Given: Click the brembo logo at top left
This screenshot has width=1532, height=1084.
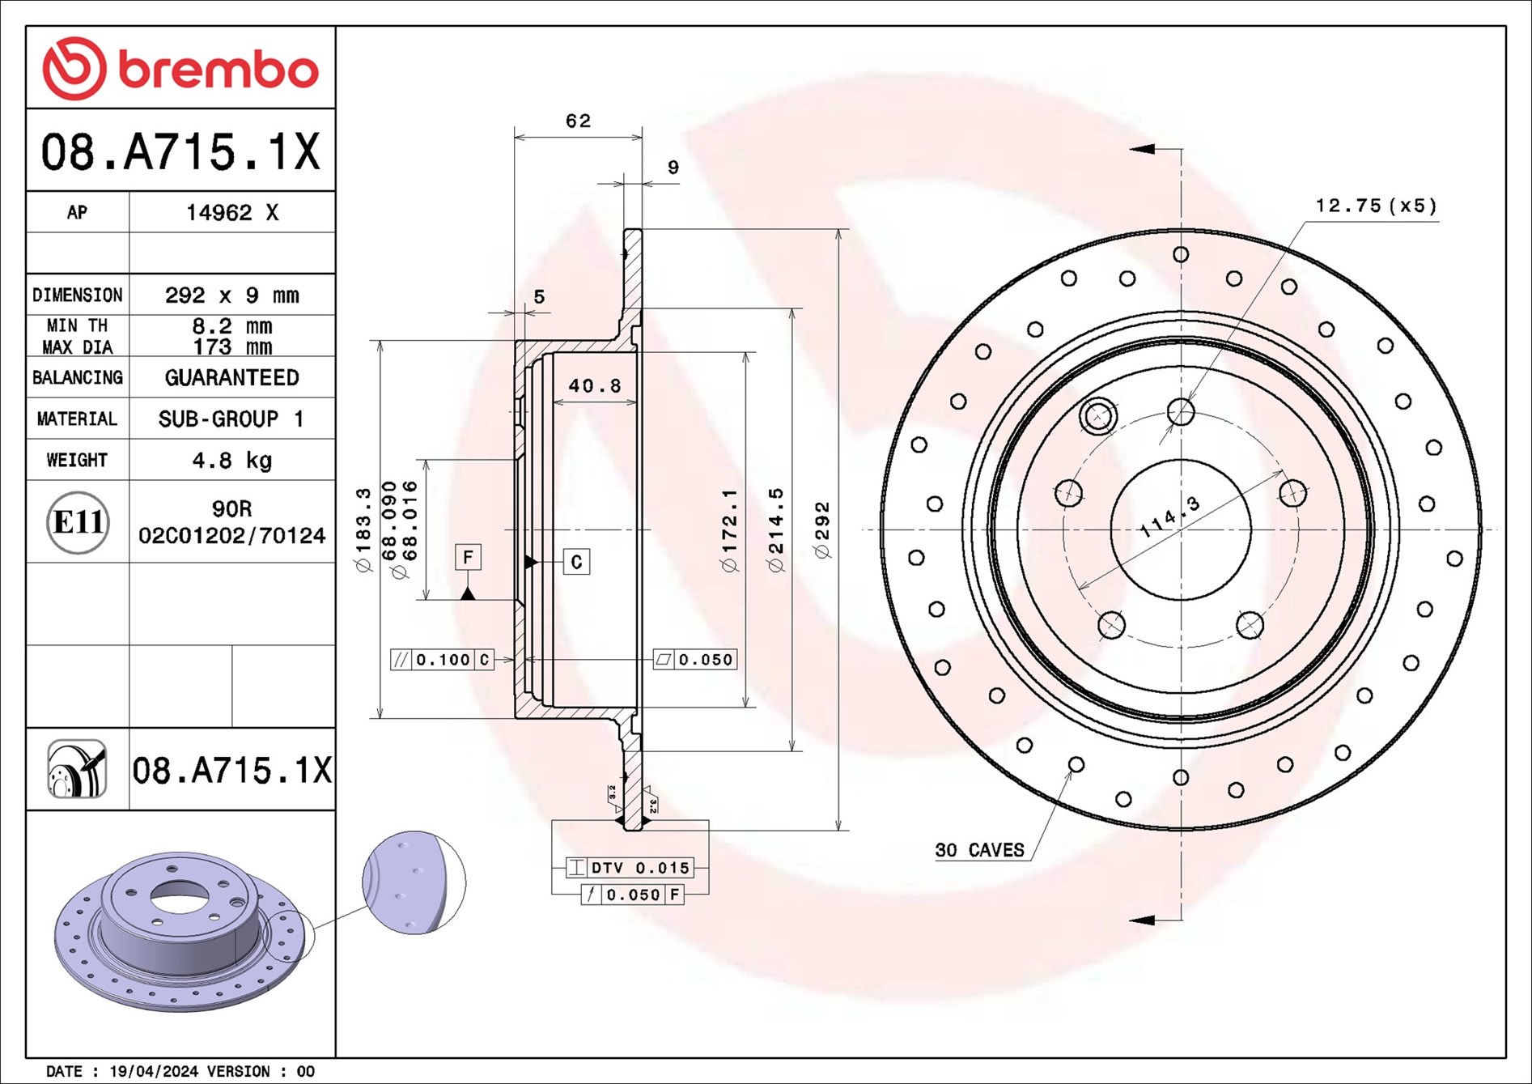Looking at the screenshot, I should (180, 69).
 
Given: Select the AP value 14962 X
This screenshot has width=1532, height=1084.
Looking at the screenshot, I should (232, 213).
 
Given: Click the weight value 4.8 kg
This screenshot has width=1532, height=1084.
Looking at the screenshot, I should (232, 461).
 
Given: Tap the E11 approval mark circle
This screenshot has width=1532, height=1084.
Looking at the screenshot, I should (78, 522).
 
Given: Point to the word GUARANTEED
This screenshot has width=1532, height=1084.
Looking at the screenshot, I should (232, 378).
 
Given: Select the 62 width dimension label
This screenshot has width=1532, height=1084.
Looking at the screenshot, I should (578, 121).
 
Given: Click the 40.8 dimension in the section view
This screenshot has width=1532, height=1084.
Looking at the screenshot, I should (594, 386).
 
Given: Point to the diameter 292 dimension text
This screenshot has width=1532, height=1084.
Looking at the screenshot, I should (823, 530).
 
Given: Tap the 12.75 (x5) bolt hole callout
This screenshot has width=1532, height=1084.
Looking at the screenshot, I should (1376, 206).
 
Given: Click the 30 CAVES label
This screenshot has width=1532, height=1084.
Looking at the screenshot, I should (979, 850).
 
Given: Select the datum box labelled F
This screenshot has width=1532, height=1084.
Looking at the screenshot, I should (468, 557).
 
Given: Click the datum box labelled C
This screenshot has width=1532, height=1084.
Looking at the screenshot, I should (576, 562).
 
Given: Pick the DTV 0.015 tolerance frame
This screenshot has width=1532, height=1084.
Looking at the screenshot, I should (630, 868).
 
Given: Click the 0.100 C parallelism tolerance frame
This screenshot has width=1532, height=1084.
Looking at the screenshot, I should (443, 660).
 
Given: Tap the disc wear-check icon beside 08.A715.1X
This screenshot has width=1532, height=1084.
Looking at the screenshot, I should (77, 769).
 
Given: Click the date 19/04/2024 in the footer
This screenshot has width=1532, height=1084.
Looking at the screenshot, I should (153, 1071).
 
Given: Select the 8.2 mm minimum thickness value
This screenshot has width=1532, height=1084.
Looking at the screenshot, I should (232, 326).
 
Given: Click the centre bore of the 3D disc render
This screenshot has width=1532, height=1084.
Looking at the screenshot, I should (180, 896).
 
